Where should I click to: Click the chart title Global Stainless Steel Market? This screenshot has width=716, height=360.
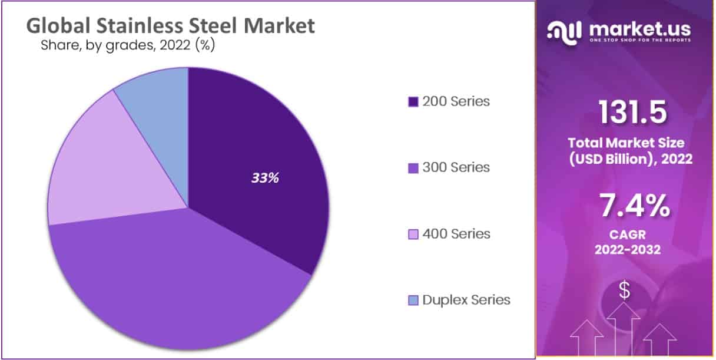[171, 26]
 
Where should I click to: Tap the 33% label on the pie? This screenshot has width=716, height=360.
[265, 177]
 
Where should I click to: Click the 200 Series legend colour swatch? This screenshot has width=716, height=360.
[413, 102]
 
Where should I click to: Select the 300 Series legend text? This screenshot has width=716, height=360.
[456, 167]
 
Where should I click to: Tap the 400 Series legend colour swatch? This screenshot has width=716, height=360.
[413, 235]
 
